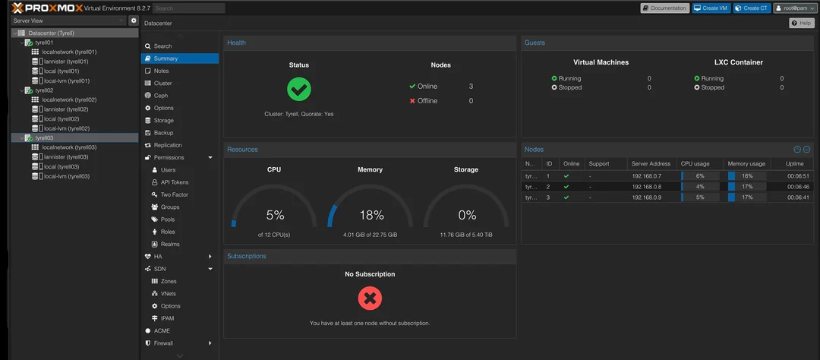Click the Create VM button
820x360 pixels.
point(711,8)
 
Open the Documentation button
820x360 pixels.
point(665,8)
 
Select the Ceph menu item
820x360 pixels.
point(161,96)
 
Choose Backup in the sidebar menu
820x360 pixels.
point(163,133)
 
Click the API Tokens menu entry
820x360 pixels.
point(175,182)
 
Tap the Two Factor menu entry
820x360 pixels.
point(175,194)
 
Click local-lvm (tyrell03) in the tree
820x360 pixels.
point(67,176)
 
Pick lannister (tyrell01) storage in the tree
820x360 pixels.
point(66,62)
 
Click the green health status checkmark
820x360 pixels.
point(299,90)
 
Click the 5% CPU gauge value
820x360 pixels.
point(274,215)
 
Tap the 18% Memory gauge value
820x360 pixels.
point(370,215)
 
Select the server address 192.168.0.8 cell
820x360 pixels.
point(646,186)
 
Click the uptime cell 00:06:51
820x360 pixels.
point(798,175)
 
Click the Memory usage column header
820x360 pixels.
point(746,163)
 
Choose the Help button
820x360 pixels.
point(802,24)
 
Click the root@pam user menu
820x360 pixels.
point(795,8)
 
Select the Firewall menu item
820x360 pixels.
point(164,343)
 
